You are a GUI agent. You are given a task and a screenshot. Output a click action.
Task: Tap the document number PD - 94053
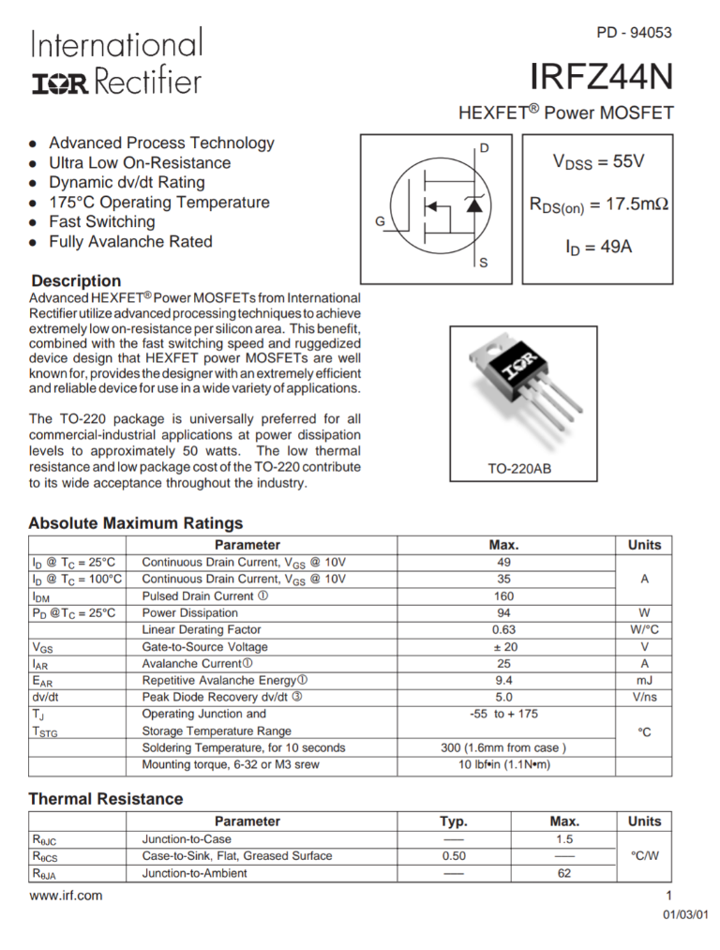pos(634,33)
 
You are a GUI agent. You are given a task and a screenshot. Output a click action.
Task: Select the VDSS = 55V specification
pos(598,161)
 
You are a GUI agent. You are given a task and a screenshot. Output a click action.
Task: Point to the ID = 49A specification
pos(598,248)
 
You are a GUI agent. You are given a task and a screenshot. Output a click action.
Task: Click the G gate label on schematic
pos(380,221)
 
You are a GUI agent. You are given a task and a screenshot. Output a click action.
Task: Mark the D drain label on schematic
pos(484,148)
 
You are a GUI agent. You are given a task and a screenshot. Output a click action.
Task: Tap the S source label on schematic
pos(484,263)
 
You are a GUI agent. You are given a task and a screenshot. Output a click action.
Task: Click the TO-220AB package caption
pos(519,468)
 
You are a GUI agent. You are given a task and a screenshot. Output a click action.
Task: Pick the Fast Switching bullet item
pos(102,222)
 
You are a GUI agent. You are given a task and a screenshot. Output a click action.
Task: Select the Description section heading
pos(76,280)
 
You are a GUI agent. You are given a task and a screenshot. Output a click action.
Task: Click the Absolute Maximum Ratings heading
pos(136,523)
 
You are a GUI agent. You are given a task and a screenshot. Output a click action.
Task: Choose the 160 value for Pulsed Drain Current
pos(503,596)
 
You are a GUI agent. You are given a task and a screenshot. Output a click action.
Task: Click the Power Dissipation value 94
pos(503,613)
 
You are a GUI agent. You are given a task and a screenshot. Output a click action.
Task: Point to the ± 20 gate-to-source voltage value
pos(503,647)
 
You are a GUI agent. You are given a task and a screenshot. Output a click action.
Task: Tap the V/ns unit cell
pos(644,698)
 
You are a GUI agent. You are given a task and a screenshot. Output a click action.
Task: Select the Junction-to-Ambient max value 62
pos(563,873)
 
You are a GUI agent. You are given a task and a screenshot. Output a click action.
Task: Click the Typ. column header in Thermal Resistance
pos(454,822)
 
